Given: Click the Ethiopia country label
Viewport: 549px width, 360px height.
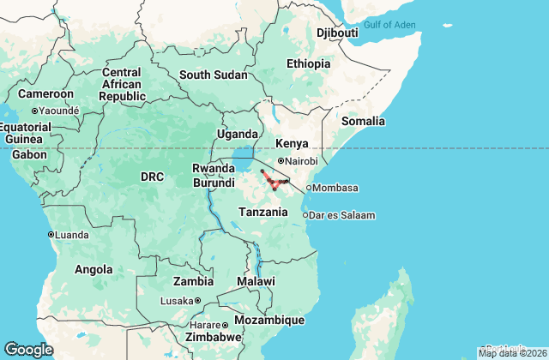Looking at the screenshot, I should (x=308, y=63).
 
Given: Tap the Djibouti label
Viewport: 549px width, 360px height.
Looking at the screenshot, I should (x=337, y=33).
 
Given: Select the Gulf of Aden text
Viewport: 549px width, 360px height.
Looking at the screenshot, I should (x=389, y=24).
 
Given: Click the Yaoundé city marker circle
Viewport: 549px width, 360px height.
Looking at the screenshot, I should (x=34, y=111).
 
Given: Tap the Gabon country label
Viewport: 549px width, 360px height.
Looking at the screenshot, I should (x=29, y=154).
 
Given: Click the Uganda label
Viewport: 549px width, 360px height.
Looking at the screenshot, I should (x=237, y=134).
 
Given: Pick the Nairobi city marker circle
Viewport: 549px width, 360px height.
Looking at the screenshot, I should (x=281, y=160).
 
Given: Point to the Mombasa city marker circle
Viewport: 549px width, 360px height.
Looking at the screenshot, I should (x=309, y=188).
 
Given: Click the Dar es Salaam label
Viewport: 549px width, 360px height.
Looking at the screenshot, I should (x=341, y=215).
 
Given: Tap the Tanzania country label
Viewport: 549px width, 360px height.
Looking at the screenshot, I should (x=263, y=211).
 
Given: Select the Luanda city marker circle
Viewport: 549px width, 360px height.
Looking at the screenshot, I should (x=51, y=234).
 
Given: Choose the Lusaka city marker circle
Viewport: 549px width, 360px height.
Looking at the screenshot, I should (x=197, y=300).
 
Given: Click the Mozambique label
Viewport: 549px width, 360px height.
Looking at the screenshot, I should (x=270, y=320).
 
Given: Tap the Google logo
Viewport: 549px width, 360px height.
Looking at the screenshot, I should (x=28, y=349).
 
